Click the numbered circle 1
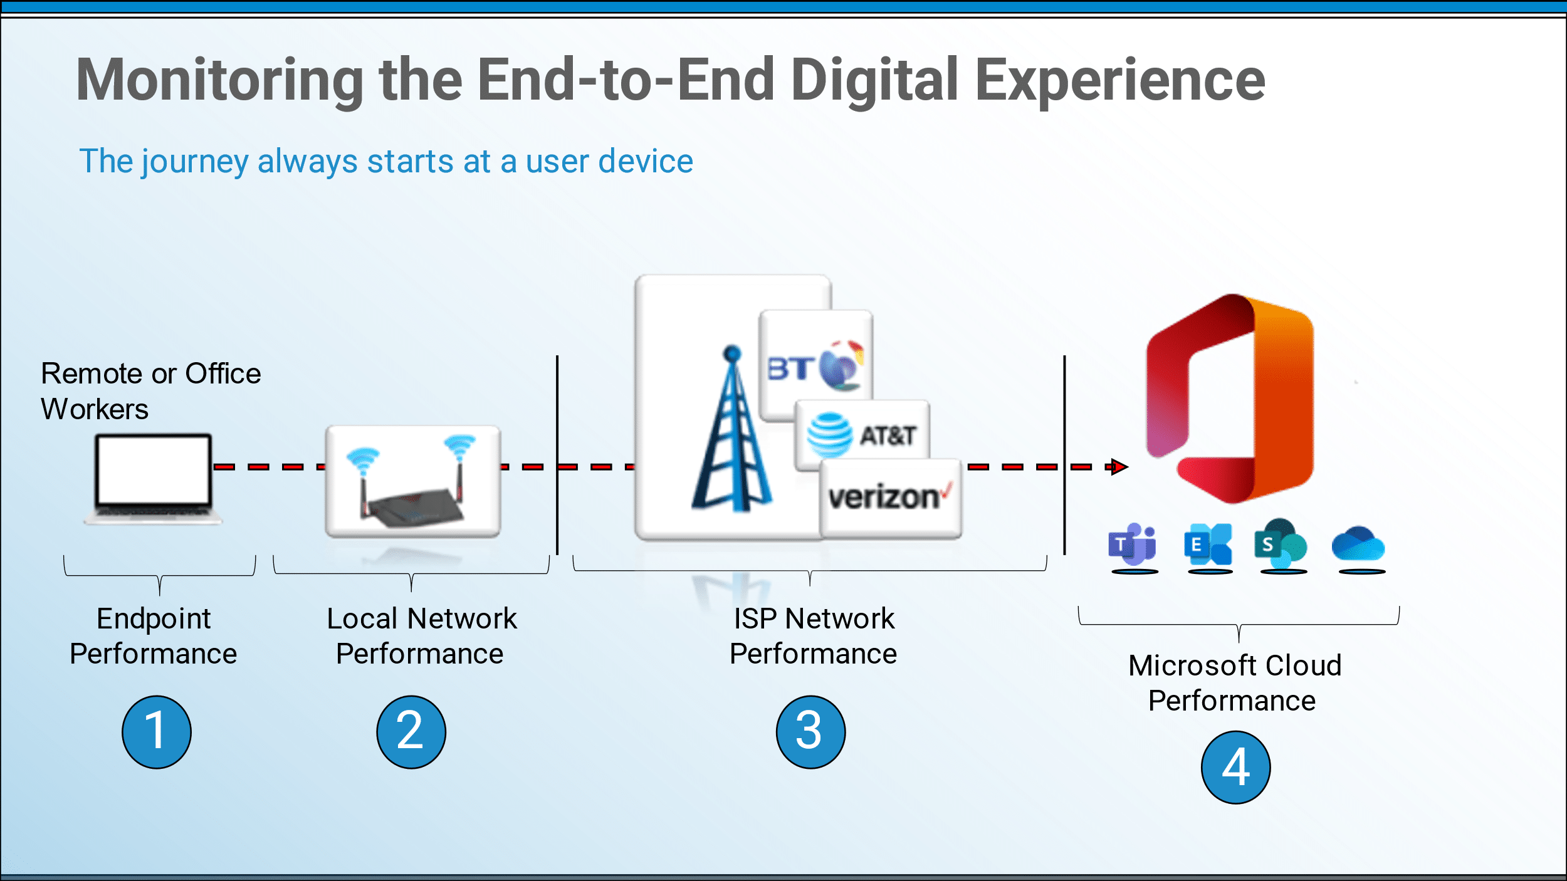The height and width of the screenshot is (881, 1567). [x=157, y=732]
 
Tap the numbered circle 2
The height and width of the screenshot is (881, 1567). [x=411, y=732]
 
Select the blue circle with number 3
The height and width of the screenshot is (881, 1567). [x=810, y=732]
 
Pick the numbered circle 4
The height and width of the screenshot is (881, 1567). [x=1235, y=768]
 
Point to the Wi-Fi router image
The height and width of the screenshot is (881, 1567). [x=413, y=481]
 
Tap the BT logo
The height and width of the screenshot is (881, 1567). [x=815, y=366]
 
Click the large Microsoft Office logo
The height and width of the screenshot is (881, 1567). [x=1230, y=399]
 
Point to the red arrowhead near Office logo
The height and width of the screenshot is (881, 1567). [x=1119, y=467]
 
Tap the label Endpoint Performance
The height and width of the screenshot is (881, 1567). [x=154, y=636]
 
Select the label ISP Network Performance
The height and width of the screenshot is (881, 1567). [x=814, y=636]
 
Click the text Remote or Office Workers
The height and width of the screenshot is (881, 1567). [x=150, y=391]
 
